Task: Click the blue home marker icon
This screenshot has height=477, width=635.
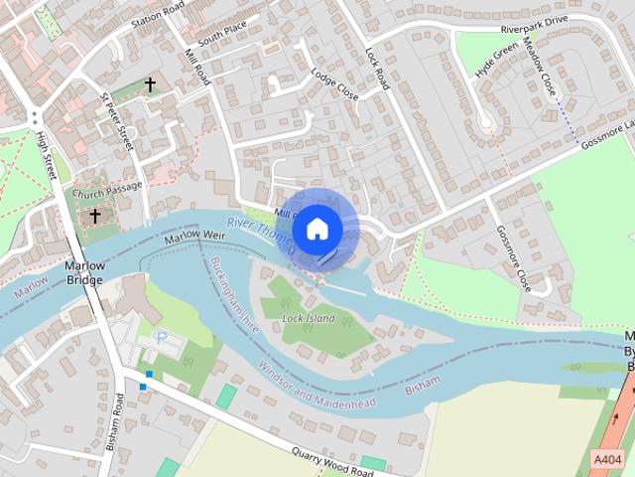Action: pos(317,229)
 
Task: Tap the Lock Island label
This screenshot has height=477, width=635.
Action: pos(309,318)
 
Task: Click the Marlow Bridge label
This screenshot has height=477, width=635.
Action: pos(84,273)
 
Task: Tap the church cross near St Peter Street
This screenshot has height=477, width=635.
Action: pos(151,85)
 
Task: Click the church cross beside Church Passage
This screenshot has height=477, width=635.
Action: pos(96,215)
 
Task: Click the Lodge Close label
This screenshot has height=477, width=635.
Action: pos(333,85)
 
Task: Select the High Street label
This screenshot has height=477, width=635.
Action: pos(45,156)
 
